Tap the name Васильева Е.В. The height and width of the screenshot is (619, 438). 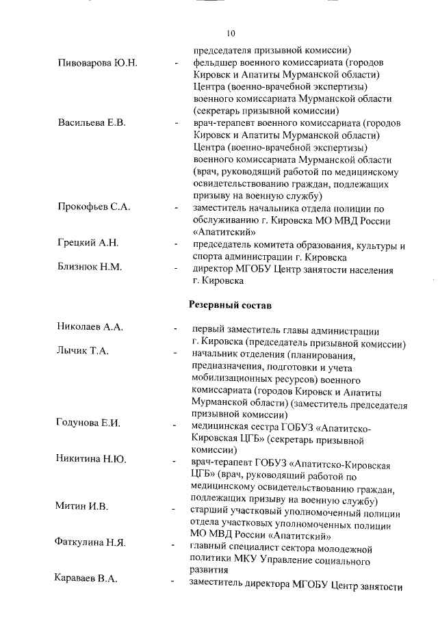(92, 123)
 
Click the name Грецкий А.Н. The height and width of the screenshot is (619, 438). (88, 243)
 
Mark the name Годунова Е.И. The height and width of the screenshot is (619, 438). (88, 423)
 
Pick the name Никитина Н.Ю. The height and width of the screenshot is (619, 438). (91, 458)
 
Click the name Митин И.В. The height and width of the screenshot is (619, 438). (81, 506)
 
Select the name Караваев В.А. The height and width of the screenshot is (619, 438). (86, 579)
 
